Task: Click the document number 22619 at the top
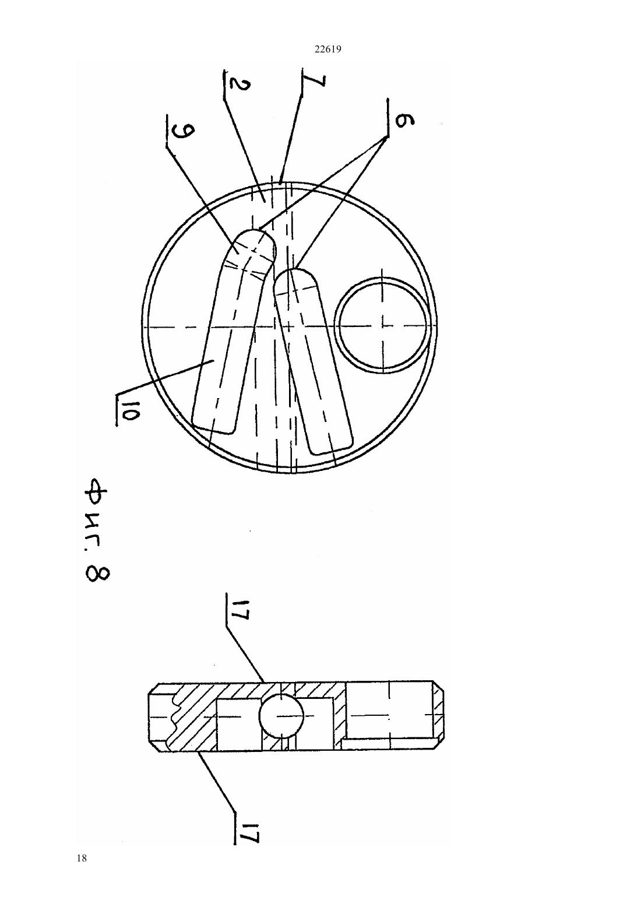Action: pos(327,50)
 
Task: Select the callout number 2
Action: pos(239,83)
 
